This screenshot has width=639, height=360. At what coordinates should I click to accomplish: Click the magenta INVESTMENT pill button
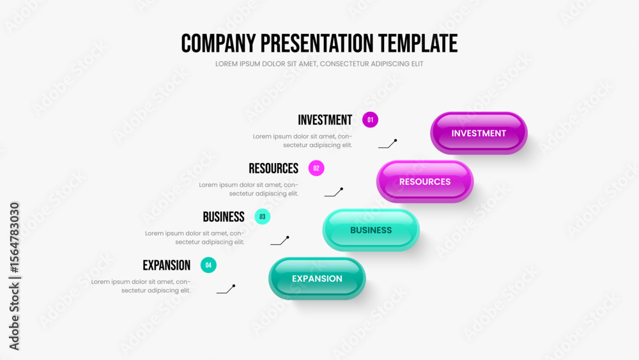click(x=479, y=133)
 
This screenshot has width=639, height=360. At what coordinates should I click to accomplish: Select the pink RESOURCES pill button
click(x=425, y=182)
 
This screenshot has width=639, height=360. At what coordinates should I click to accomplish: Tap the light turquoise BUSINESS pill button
click(x=371, y=230)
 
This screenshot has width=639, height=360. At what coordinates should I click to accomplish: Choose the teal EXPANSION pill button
click(x=317, y=278)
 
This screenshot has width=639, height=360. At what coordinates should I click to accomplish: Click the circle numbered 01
click(x=370, y=120)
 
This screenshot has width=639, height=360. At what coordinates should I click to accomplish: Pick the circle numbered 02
click(x=316, y=168)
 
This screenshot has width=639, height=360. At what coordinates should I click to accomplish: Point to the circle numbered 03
click(x=263, y=217)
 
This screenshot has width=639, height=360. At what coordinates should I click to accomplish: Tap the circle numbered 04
click(x=208, y=265)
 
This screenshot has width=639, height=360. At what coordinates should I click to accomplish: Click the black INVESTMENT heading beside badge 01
click(x=325, y=120)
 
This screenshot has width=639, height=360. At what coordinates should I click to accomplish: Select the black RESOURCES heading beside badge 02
click(x=273, y=168)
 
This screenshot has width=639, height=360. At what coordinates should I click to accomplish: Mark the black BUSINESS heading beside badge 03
click(x=224, y=217)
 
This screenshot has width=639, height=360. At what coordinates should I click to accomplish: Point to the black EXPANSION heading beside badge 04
click(x=166, y=265)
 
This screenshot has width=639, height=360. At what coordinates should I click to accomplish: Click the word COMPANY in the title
click(x=219, y=43)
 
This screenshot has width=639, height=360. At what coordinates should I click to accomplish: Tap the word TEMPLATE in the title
click(x=418, y=43)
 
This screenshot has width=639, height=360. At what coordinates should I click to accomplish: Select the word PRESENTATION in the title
click(x=317, y=43)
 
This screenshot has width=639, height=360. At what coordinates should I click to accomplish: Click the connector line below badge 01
click(x=387, y=145)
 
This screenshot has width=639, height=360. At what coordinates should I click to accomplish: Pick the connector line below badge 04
click(x=226, y=290)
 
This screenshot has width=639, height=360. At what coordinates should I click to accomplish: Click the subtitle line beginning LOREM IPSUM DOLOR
click(x=319, y=64)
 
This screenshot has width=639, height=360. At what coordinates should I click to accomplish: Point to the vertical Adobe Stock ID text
click(x=14, y=276)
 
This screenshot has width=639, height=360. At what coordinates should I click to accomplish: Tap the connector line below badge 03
click(x=280, y=241)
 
